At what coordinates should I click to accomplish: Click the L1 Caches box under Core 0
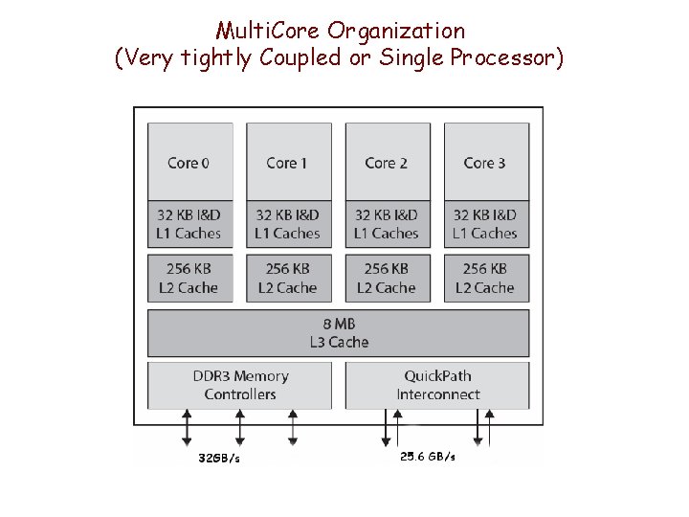point(189,224)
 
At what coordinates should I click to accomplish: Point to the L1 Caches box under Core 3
point(485,224)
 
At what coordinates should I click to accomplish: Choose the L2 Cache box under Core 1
point(288,278)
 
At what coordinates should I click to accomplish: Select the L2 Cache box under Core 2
point(387,278)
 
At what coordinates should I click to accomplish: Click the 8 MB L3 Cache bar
point(338,333)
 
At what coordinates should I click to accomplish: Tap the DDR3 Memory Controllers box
point(239,385)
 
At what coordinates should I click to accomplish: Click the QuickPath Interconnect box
point(437,385)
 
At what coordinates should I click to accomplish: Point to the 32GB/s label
point(219,459)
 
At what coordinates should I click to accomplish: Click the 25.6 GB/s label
point(428,457)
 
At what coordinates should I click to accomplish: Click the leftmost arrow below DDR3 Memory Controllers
point(187,428)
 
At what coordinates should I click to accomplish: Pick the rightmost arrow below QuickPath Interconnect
point(490,428)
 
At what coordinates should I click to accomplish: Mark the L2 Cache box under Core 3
point(485,278)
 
